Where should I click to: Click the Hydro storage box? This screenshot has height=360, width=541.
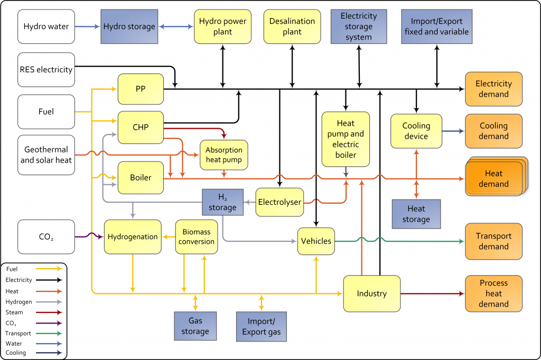129,26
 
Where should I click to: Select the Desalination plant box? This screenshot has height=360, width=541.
292,26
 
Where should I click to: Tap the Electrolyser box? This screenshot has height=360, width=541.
279,202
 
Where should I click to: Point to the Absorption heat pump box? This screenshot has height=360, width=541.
224,155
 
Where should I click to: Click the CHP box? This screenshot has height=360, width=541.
141,127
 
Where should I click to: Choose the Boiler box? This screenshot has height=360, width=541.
141,177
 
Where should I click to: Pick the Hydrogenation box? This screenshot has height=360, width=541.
133,237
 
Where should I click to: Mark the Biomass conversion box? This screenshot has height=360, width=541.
196,237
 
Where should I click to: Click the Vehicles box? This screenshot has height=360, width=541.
316,241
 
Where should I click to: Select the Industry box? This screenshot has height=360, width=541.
371,293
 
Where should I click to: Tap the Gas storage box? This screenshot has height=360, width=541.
195,326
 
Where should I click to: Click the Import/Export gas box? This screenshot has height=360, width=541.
262,326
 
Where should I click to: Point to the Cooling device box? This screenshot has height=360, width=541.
416,131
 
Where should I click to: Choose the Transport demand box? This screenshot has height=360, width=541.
493,241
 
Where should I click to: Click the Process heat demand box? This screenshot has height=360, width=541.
493,293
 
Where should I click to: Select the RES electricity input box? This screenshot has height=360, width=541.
46,69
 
